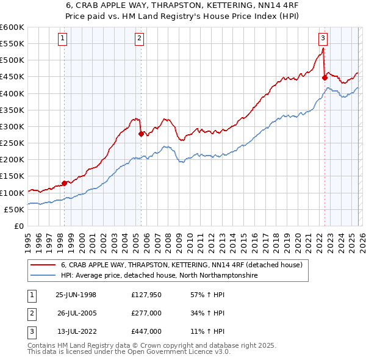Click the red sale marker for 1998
pos(64,183)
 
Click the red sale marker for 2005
pos(141,134)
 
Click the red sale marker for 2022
pos(325,77)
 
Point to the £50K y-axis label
pos(14,209)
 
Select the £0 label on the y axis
pos(18,226)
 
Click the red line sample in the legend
pos(43,265)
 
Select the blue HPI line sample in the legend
pos(43,276)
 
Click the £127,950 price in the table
pos(146,295)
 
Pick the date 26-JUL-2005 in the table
pos(76,313)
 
